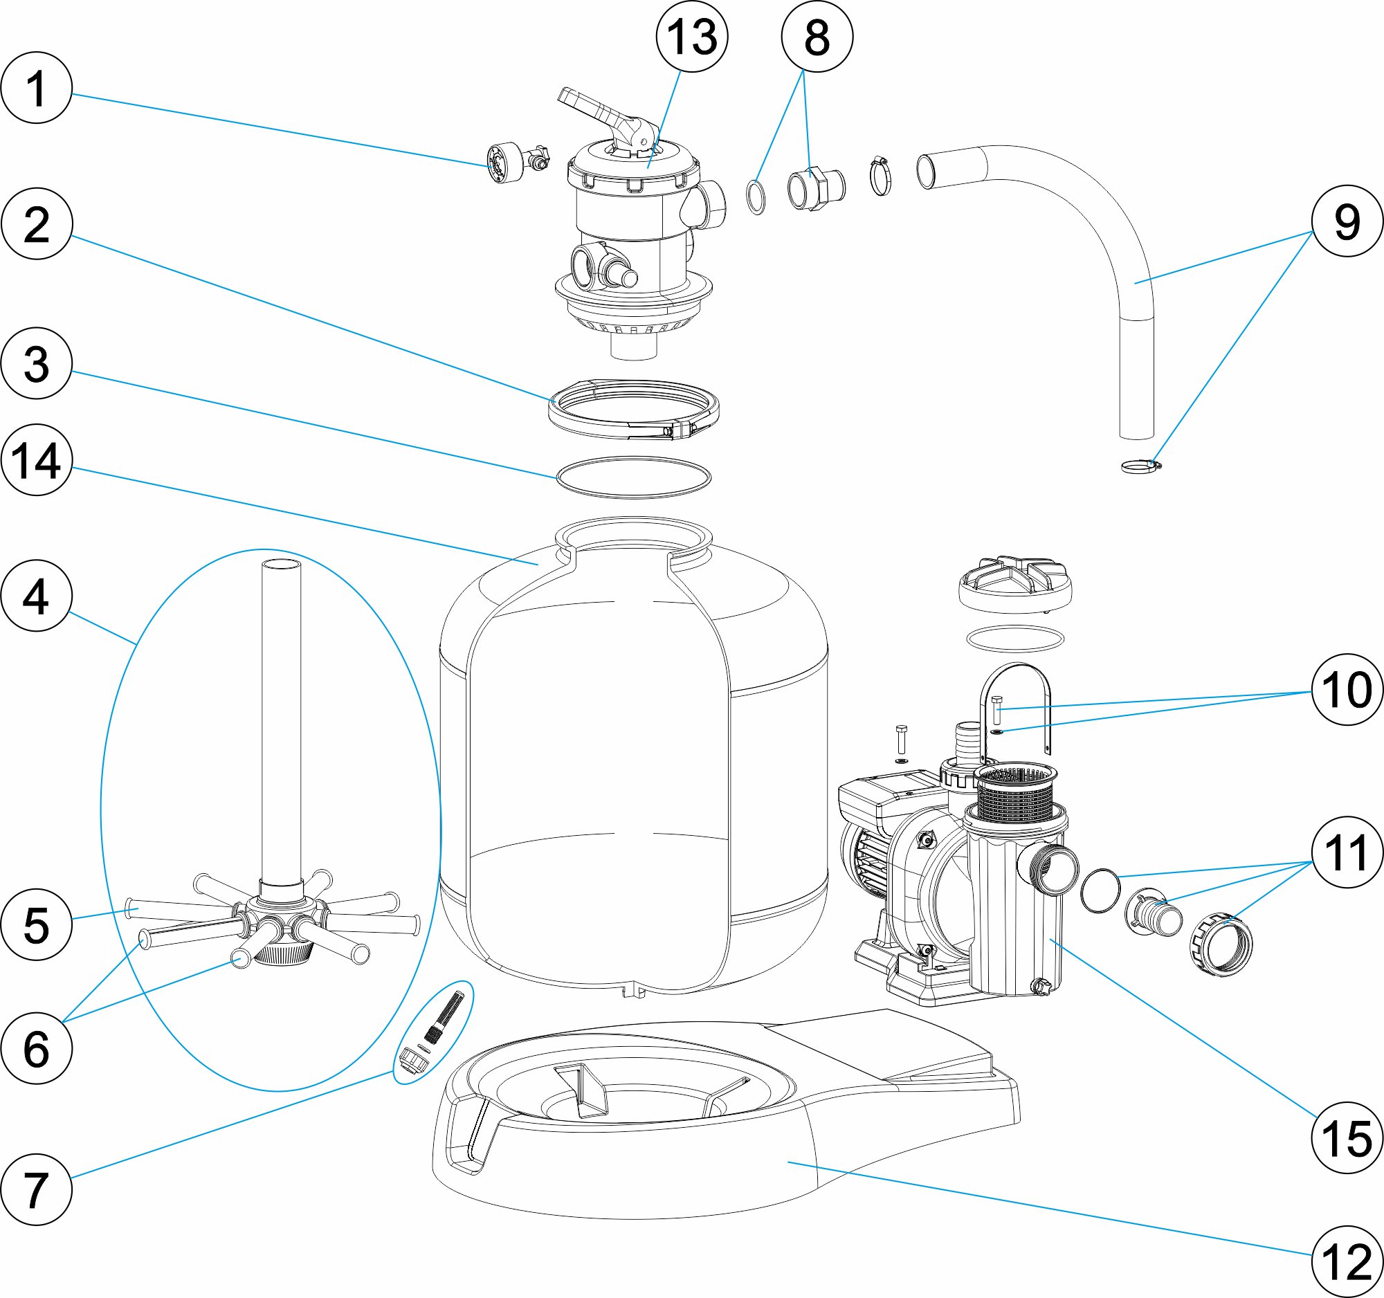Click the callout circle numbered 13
(x=691, y=36)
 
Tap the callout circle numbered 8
(x=817, y=36)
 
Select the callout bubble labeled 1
(x=36, y=89)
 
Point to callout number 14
(x=36, y=460)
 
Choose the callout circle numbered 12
(x=1347, y=1261)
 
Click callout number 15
(x=1347, y=1138)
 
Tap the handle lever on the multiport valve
(x=592, y=108)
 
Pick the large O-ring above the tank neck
(x=633, y=477)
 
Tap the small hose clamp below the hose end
(x=1140, y=466)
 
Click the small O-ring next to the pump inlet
(x=1101, y=890)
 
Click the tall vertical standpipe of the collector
(x=281, y=717)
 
